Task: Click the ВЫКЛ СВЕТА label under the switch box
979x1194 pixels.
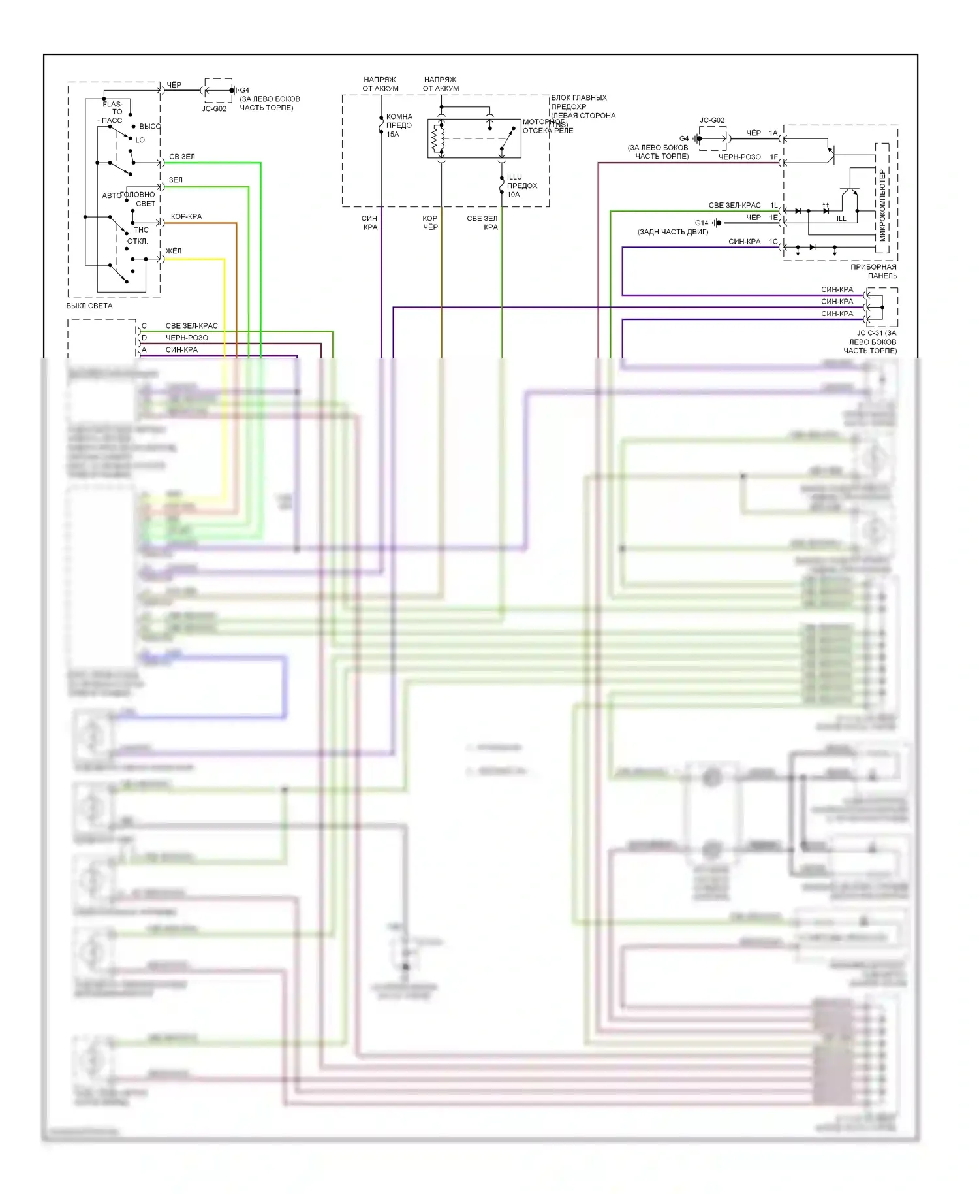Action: click(x=89, y=306)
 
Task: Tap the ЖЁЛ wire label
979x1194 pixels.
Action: click(x=174, y=251)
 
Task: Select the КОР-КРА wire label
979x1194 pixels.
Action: click(x=186, y=216)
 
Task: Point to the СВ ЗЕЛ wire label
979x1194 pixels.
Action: click(x=182, y=157)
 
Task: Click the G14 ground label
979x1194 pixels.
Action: click(x=701, y=223)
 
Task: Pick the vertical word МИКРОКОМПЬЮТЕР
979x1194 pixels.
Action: click(x=882, y=205)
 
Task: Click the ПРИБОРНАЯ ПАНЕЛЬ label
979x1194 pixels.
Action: click(x=874, y=271)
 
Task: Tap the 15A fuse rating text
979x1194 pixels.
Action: click(x=392, y=135)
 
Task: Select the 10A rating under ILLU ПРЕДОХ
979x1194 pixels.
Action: click(x=514, y=195)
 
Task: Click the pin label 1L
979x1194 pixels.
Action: click(x=773, y=206)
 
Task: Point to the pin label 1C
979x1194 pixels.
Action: click(x=773, y=242)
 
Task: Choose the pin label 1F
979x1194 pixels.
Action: click(x=773, y=157)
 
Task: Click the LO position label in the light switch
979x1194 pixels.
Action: click(x=140, y=140)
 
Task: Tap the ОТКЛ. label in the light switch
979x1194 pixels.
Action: click(x=137, y=241)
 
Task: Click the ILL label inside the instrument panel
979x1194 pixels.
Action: click(x=841, y=218)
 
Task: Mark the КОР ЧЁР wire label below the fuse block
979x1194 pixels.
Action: click(x=430, y=223)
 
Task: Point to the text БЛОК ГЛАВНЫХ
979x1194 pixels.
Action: click(x=579, y=98)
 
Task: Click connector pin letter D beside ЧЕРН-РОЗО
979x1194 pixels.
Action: click(x=144, y=338)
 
